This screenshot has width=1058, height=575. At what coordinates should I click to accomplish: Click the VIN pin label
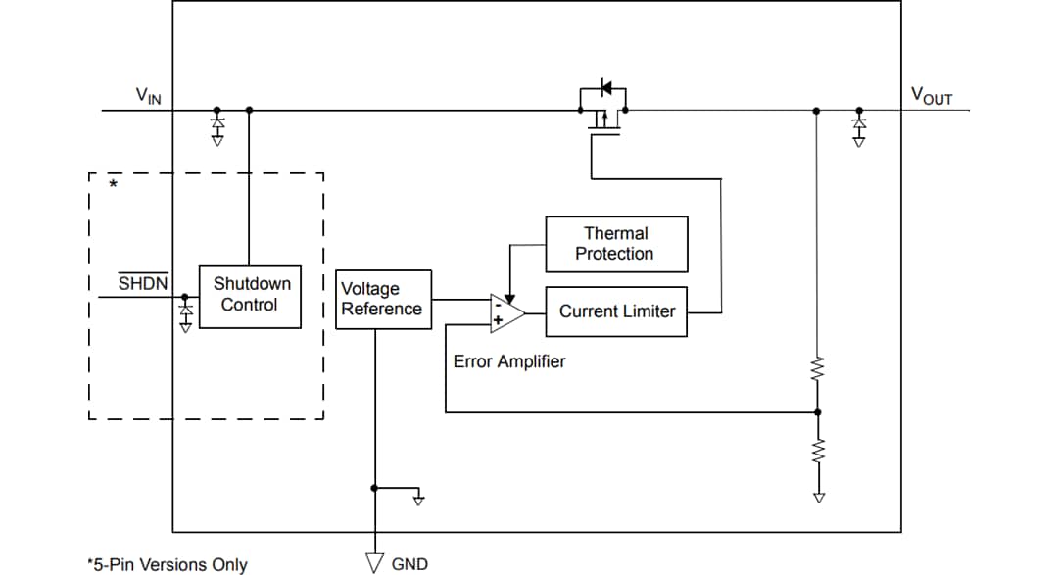coord(148,95)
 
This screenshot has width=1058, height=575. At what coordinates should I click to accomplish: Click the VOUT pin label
coord(931,95)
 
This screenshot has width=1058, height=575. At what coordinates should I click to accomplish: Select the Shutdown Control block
coord(250,296)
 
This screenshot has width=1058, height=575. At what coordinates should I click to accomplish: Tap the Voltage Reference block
coord(383,299)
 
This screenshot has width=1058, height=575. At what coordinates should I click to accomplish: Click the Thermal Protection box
coord(615,244)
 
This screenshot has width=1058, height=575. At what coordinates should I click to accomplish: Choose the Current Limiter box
coord(616,311)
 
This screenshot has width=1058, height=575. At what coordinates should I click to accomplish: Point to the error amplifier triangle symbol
coord(505,311)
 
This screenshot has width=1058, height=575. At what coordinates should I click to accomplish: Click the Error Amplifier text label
coord(508,361)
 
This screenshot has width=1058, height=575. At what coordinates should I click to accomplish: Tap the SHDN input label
coord(143,284)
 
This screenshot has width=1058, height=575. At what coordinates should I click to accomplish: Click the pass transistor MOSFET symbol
coord(603,107)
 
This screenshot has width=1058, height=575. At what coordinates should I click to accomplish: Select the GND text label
coord(409,563)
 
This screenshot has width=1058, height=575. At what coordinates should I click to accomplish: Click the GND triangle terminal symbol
coord(374,561)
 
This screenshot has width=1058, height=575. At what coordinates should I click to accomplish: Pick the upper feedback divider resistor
coord(818,370)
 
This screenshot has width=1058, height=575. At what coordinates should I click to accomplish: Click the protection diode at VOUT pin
coord(859,127)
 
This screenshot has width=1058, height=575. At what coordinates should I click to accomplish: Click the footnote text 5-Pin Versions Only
coord(167,564)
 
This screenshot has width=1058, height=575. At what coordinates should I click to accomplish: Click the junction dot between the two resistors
coord(818,412)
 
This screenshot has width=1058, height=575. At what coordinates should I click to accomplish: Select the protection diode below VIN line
coord(216,127)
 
